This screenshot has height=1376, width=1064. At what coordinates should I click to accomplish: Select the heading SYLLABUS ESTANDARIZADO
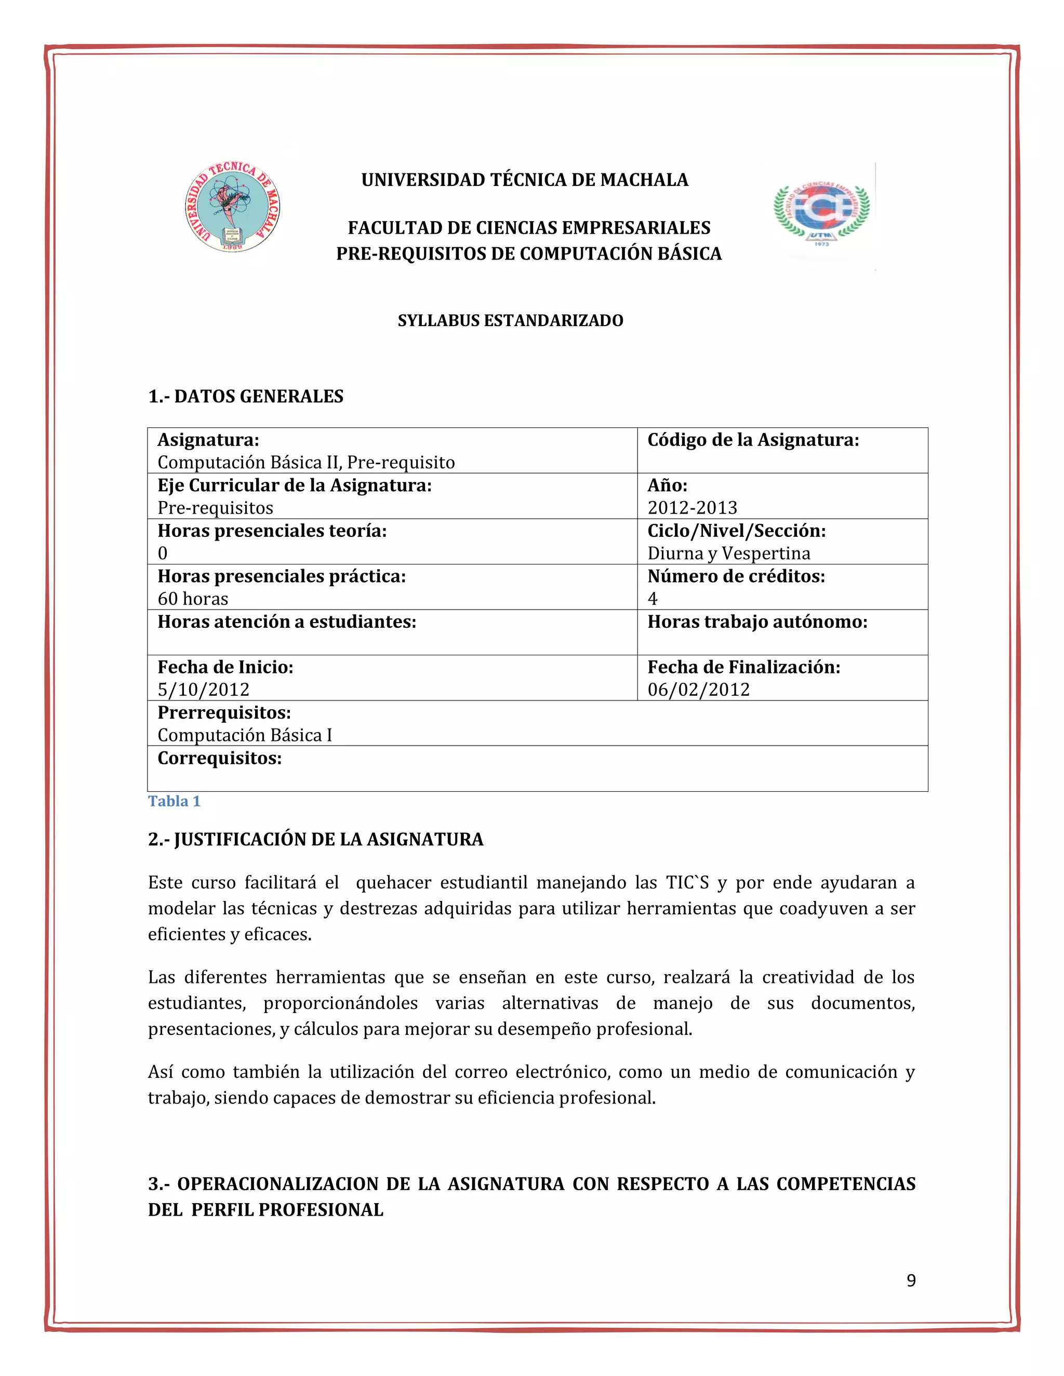(x=510, y=321)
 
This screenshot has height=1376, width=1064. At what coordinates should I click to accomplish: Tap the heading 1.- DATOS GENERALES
(x=245, y=396)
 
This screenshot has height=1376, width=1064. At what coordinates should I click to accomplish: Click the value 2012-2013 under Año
(x=691, y=507)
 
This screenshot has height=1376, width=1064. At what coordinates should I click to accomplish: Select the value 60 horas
(x=192, y=599)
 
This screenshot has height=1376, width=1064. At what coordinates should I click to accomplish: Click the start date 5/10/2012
(x=203, y=689)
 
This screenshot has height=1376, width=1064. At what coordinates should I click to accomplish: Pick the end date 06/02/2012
(x=698, y=689)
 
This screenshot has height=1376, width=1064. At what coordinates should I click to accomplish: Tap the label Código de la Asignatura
(x=753, y=440)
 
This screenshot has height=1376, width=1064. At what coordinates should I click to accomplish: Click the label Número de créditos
(x=736, y=576)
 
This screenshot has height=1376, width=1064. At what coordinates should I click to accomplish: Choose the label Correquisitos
(x=219, y=758)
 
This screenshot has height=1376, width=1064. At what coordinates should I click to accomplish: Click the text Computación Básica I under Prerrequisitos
(x=245, y=735)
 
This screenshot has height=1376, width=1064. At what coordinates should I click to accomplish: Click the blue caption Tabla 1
(x=174, y=801)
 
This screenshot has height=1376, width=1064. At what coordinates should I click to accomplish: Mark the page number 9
(x=911, y=1280)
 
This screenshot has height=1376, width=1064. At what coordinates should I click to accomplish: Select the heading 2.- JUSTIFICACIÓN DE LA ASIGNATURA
(x=315, y=839)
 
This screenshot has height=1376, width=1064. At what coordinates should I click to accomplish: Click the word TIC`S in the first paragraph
(x=687, y=883)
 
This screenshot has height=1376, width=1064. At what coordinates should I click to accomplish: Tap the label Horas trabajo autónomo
(x=756, y=622)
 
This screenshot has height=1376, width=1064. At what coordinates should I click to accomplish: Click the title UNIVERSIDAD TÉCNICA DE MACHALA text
(x=524, y=180)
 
